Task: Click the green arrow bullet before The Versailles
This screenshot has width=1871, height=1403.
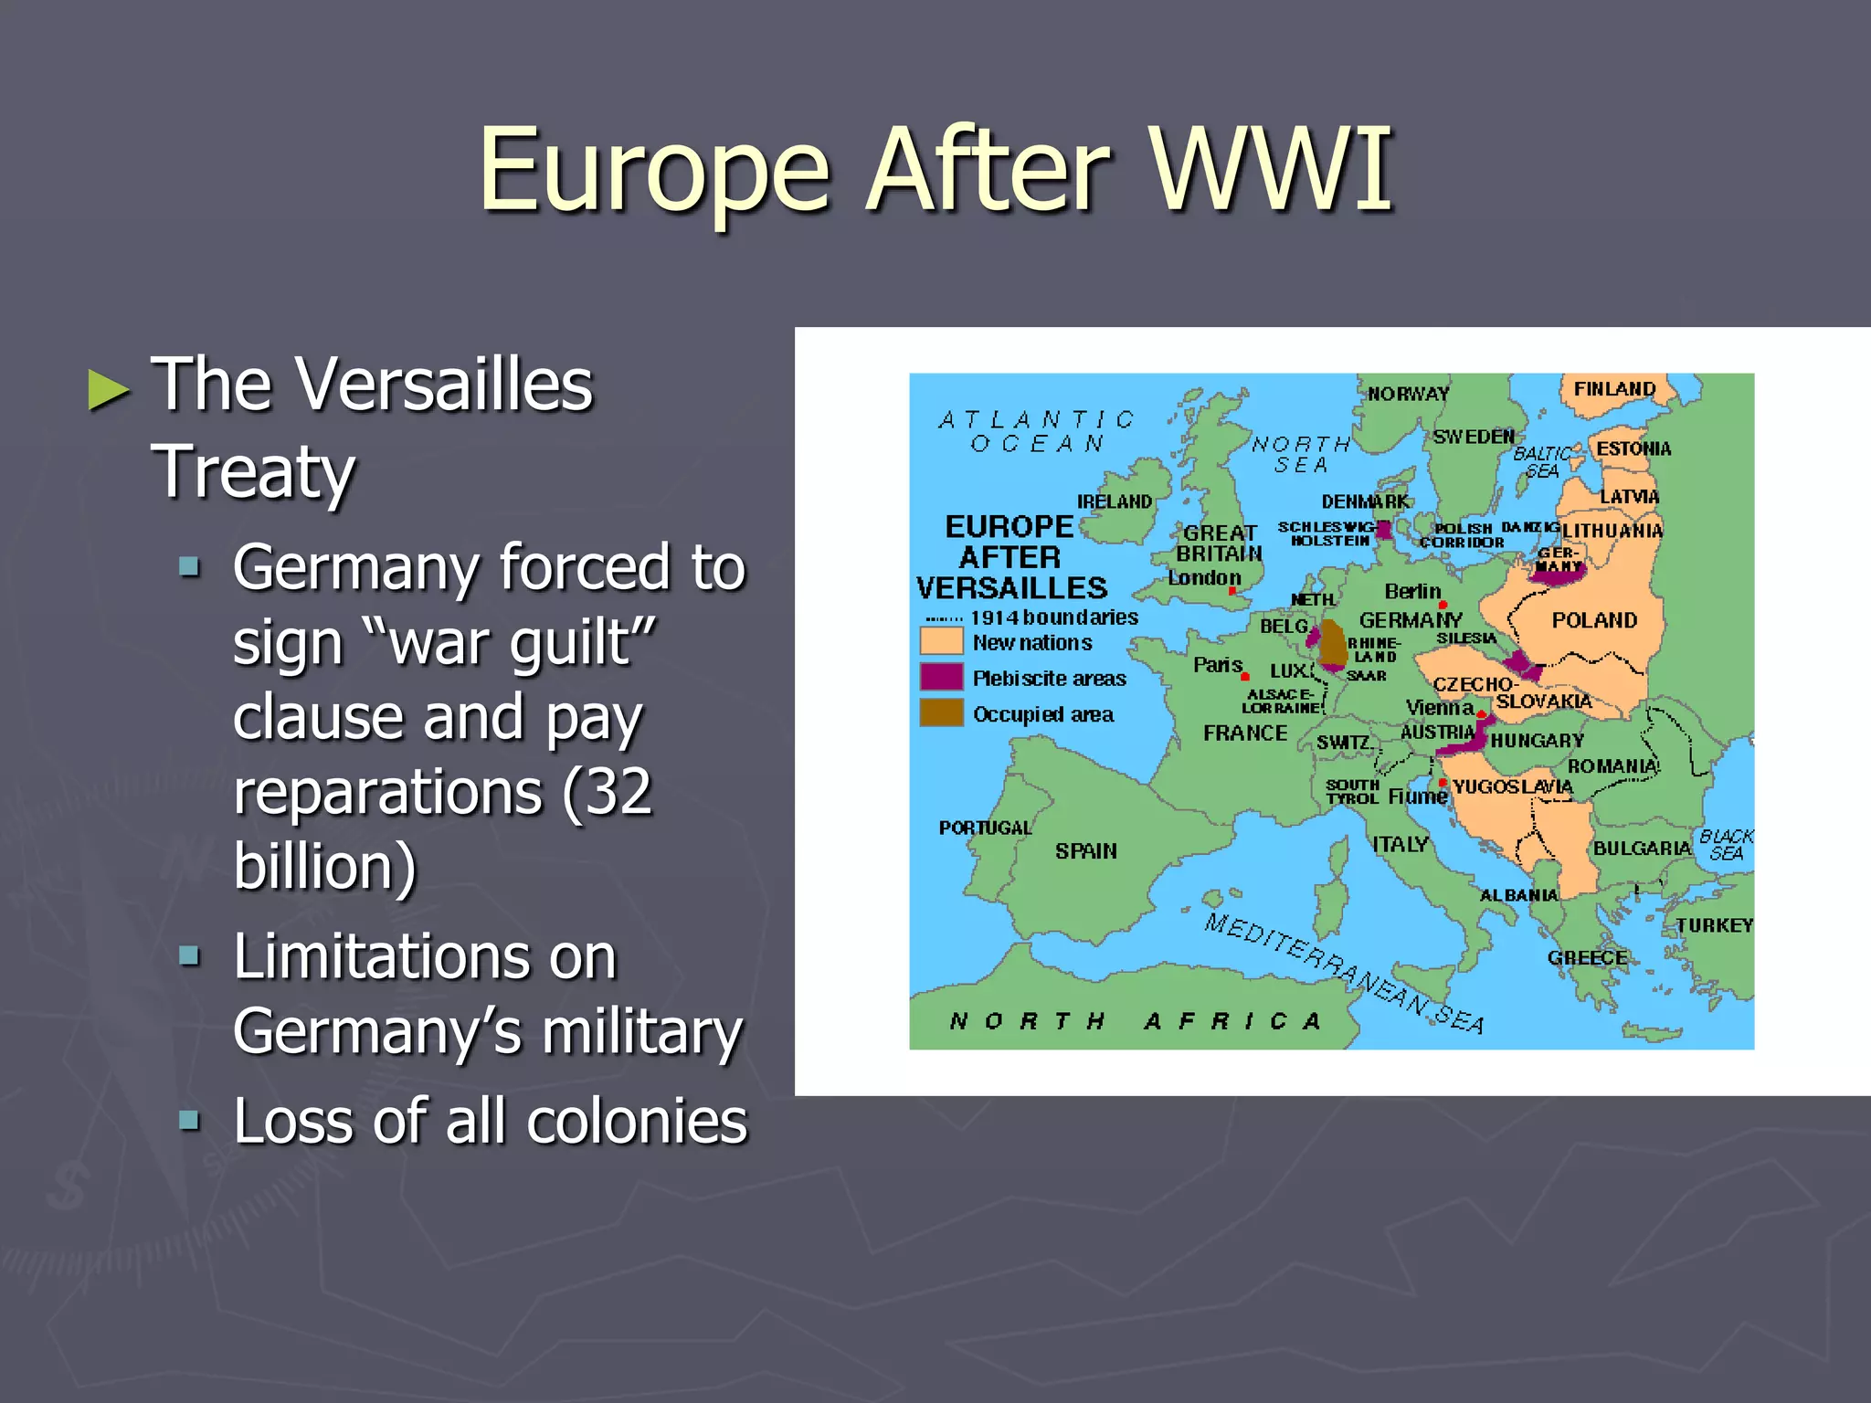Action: [x=109, y=391]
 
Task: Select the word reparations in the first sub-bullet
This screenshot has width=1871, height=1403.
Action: [x=387, y=791]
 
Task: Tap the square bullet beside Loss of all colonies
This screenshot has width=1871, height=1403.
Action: [x=189, y=1120]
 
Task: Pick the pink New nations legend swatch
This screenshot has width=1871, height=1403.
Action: [x=941, y=641]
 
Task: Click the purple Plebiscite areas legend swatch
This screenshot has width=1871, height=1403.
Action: [x=941, y=677]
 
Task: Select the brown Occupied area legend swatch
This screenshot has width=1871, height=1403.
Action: [x=941, y=712]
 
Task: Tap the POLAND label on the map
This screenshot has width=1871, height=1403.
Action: [x=1594, y=620]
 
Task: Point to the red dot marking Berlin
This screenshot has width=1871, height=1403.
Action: [x=1443, y=605]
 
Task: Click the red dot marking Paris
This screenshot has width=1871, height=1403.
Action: [x=1245, y=676]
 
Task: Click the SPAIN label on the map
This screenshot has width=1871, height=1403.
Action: [x=1085, y=850]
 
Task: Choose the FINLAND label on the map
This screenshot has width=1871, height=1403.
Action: [x=1614, y=388]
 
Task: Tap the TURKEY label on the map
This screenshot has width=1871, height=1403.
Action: [x=1714, y=925]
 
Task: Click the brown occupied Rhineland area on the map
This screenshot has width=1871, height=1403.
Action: [x=1334, y=642]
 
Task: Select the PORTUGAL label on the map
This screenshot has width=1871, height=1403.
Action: [x=985, y=828]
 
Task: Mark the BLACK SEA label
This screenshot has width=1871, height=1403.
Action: [x=1726, y=845]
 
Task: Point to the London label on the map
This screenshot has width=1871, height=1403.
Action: [x=1204, y=577]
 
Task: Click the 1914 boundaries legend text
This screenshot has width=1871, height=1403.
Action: [x=1053, y=617]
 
